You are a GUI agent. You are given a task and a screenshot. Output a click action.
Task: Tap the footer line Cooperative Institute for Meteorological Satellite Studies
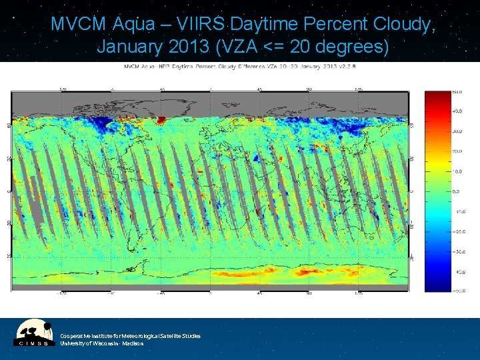[130, 335]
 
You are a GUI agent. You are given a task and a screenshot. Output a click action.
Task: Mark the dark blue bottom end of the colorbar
[437, 287]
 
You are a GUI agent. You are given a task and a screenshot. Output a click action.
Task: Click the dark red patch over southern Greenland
[160, 120]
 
